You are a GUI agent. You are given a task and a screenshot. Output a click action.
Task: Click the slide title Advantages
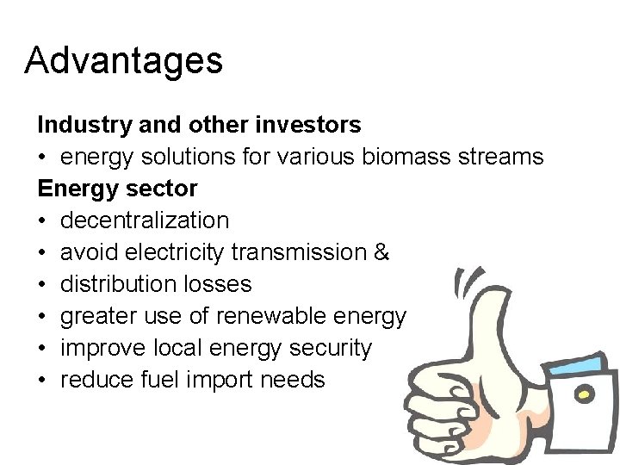(124, 60)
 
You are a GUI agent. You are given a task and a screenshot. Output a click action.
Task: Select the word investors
(308, 125)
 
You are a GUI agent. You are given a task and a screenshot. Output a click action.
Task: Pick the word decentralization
(145, 220)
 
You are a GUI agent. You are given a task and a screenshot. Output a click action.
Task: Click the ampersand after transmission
(382, 252)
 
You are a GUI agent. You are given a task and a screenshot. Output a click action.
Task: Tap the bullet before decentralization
(42, 220)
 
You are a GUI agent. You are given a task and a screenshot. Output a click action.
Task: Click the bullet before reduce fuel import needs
(42, 380)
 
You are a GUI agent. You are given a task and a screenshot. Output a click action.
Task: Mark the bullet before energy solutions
(42, 157)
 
